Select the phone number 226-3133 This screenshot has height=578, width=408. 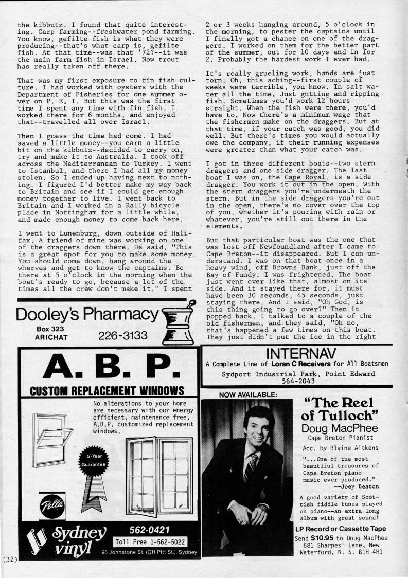[x=122, y=336]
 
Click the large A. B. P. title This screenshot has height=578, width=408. [x=107, y=367]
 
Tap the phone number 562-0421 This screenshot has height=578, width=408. [x=149, y=530]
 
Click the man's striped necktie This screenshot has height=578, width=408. [x=251, y=466]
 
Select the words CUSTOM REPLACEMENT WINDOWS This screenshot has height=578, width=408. [x=107, y=389]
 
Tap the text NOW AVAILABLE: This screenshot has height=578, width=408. [x=241, y=394]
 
